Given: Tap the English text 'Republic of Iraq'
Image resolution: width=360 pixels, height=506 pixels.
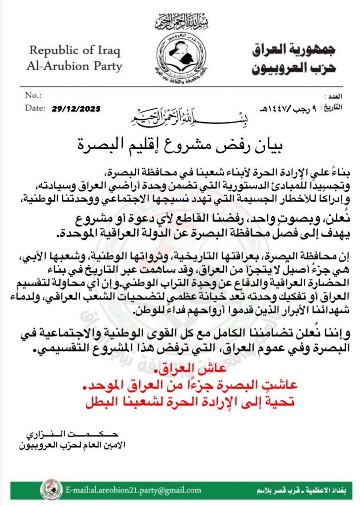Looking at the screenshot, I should pyautogui.click(x=75, y=50).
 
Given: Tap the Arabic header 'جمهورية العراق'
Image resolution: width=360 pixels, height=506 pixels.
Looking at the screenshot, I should pyautogui.click(x=293, y=49).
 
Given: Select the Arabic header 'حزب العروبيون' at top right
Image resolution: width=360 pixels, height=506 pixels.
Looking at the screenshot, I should pyautogui.click(x=294, y=68).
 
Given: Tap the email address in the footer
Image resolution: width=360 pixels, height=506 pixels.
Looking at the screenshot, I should pyautogui.click(x=133, y=490).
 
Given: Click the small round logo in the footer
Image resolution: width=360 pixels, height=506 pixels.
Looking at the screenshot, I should pyautogui.click(x=51, y=490).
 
